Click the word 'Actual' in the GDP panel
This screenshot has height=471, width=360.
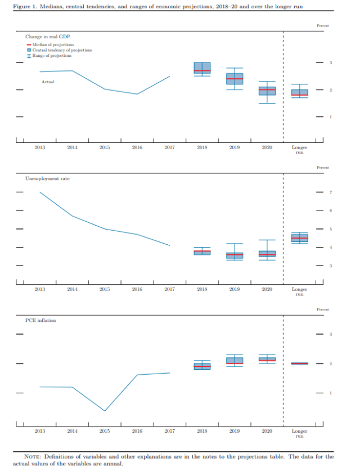point(47,82)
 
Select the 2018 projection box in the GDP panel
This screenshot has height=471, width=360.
point(202,68)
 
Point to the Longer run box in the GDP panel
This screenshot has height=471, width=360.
point(299,93)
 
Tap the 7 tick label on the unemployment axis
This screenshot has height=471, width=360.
point(331,192)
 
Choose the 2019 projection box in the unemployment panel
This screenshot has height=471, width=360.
point(235,255)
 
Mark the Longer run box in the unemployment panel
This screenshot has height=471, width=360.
point(299,238)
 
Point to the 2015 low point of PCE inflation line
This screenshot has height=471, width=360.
point(105,411)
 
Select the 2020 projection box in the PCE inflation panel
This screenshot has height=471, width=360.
point(267,358)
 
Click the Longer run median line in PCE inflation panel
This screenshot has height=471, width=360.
point(299,364)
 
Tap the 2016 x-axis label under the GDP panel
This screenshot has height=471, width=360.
point(137,147)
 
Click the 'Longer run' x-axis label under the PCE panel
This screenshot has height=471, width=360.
point(299,433)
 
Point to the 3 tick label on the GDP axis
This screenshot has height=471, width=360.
point(331,62)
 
